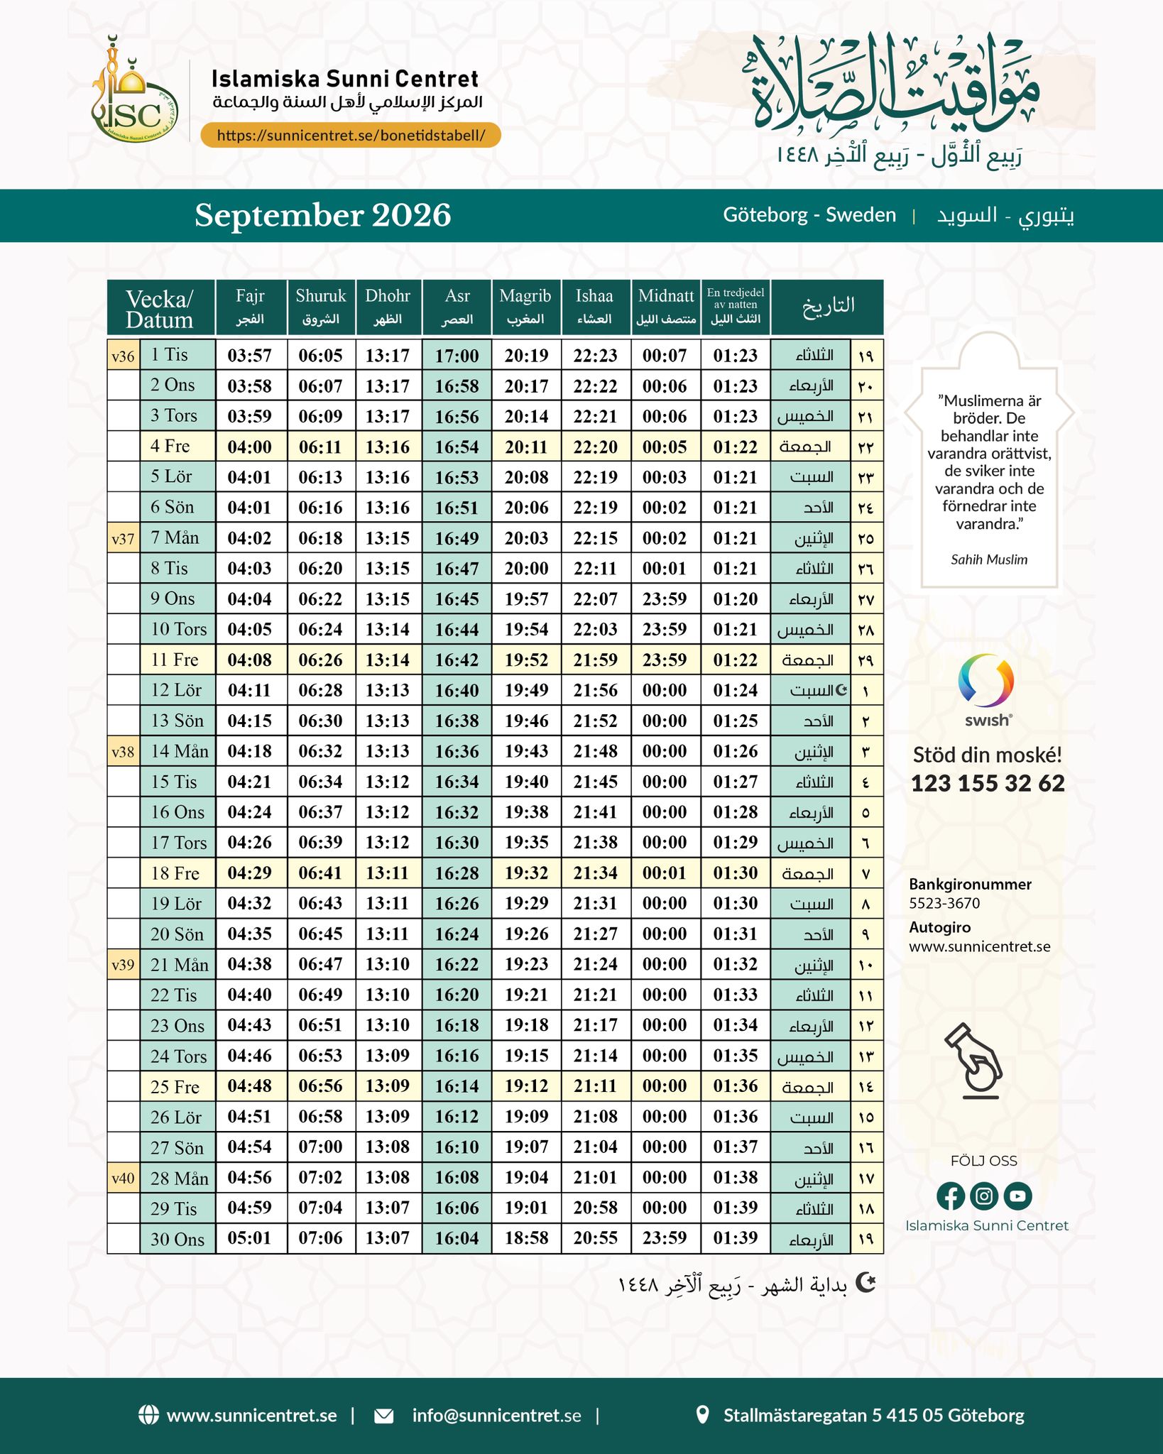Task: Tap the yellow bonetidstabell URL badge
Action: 351,135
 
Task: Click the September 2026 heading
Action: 323,215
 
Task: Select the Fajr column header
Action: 250,306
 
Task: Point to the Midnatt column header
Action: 665,306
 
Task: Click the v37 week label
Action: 123,538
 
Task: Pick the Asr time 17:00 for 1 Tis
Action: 457,355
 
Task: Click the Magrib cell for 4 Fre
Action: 526,447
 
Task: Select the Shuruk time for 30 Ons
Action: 320,1238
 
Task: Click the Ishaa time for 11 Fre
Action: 595,660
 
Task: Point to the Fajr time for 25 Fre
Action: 250,1086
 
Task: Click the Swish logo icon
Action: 986,682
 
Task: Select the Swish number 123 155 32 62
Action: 988,783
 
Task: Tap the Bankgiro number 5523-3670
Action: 944,903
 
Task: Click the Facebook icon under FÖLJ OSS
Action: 950,1196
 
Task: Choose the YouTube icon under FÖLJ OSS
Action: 1017,1196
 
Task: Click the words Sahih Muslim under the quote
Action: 989,559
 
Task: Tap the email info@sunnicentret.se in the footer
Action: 496,1416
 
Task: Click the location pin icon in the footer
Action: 702,1415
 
